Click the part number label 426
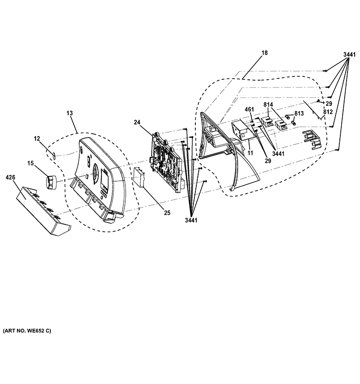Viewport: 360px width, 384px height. pos(10,178)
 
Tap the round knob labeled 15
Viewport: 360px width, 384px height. pos(51,182)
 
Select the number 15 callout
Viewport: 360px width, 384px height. pos(30,164)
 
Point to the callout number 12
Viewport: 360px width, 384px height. pos(36,138)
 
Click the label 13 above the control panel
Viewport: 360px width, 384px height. pos(70,113)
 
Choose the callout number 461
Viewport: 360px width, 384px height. pos(249,110)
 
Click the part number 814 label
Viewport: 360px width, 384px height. pos(268,104)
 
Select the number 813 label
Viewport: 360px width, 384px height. pos(299,113)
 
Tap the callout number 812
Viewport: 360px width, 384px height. pos(328,112)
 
